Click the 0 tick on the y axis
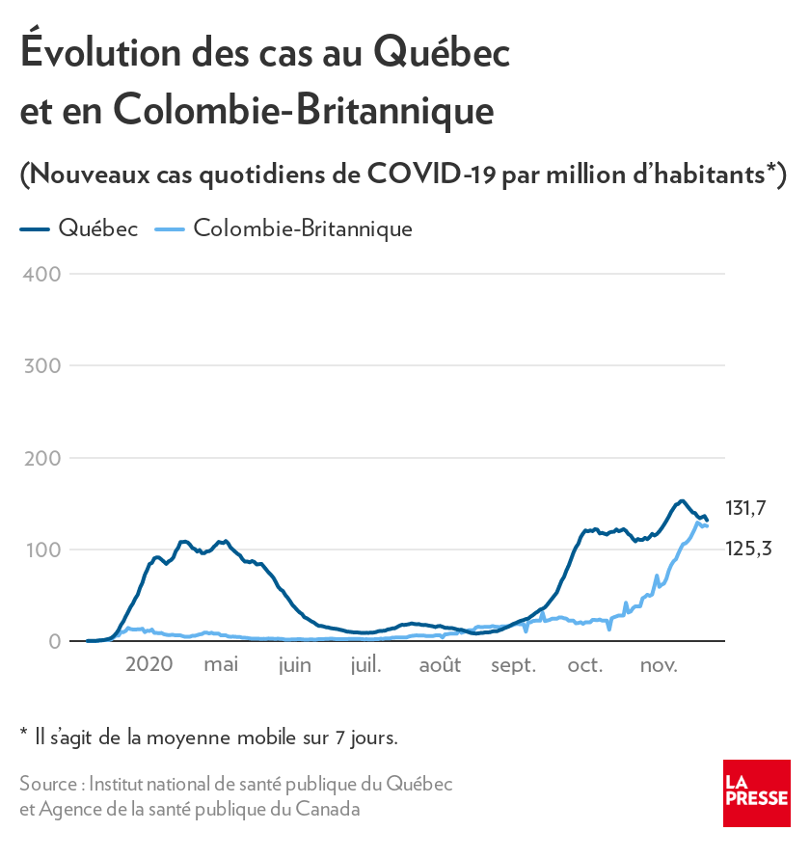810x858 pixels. pos(54,641)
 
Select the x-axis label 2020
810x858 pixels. pos(149,664)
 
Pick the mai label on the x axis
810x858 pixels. pos(221,664)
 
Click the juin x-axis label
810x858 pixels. pos(294,664)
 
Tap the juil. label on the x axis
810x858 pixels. pos(366,664)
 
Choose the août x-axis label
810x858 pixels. pos(440,664)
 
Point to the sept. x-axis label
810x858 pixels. pos(513,664)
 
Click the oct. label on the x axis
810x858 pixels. pos(585,664)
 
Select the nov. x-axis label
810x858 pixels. pos(659,664)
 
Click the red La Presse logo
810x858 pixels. pos(756,792)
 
